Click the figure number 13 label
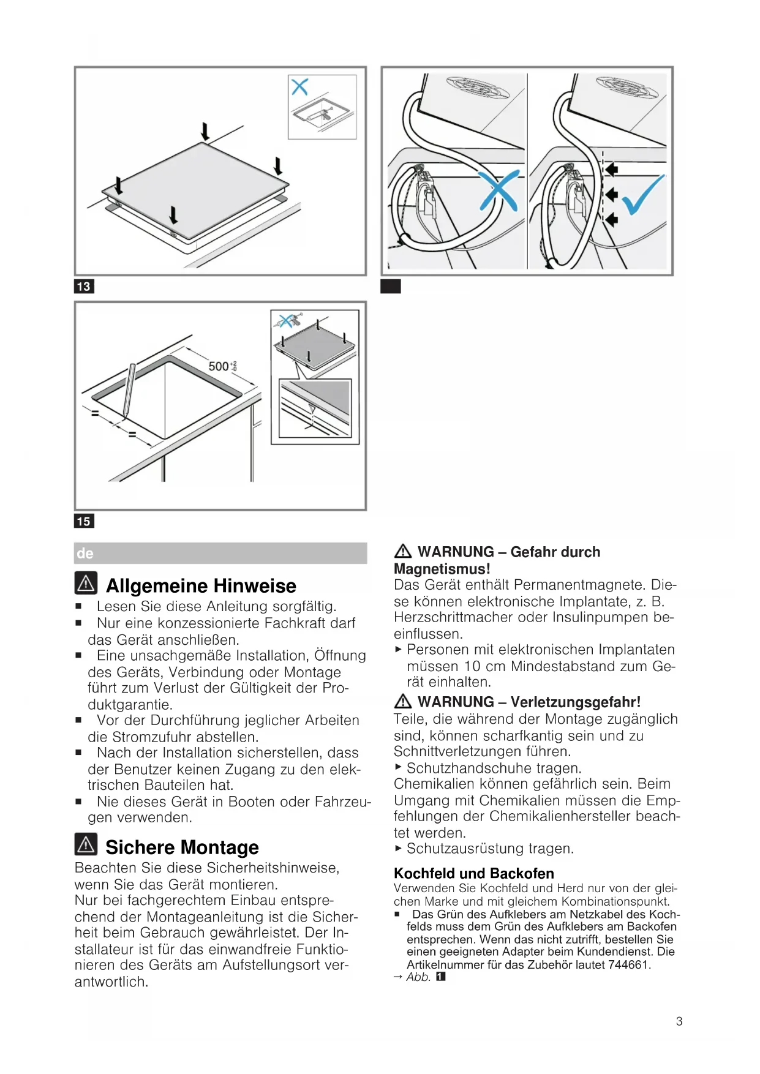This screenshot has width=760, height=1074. (x=84, y=287)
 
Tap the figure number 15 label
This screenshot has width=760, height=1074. (x=84, y=521)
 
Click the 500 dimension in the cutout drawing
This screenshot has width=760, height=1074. (x=219, y=366)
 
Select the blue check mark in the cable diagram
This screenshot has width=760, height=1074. (x=643, y=194)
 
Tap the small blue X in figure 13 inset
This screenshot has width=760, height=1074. (x=299, y=86)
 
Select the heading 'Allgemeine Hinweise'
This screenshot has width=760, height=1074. (x=201, y=586)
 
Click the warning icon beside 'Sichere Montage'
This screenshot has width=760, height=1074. (x=86, y=844)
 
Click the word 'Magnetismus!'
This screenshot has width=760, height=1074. (x=442, y=569)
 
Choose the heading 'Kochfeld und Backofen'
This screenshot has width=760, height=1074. (x=473, y=873)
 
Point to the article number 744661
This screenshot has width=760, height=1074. (x=628, y=964)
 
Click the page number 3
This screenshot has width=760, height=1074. (x=679, y=1021)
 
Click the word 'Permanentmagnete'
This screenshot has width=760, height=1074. (x=580, y=585)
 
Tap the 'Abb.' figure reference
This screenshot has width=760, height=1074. (x=419, y=977)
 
